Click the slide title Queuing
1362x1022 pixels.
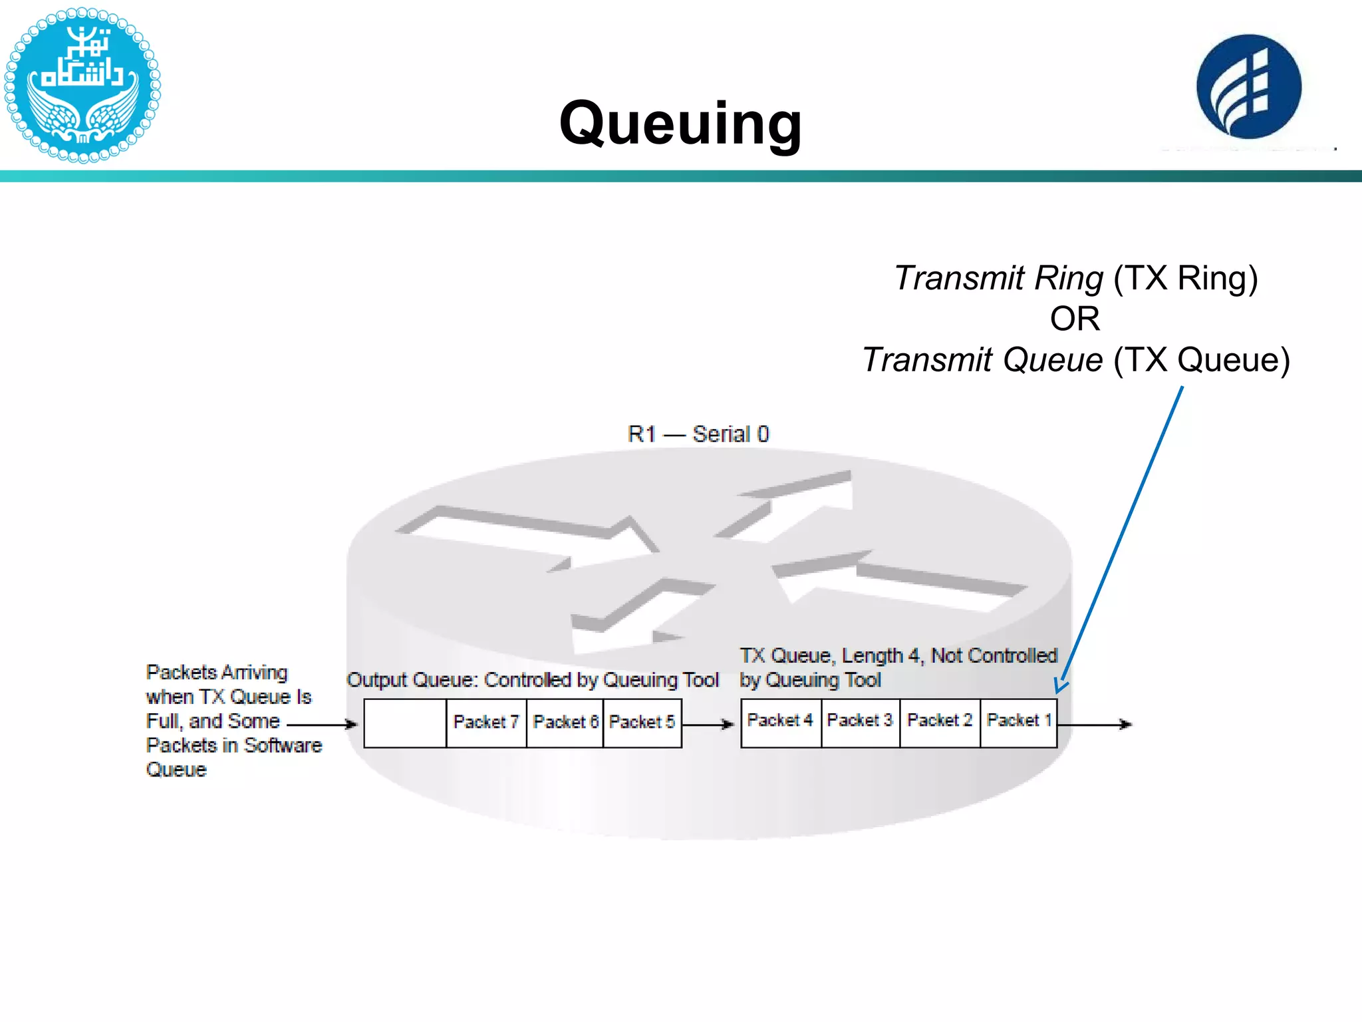[x=680, y=123]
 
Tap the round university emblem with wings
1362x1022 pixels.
[x=82, y=85]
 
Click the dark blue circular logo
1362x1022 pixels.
[x=1248, y=86]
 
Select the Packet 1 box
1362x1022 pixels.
[x=1018, y=723]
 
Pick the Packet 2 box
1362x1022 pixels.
[x=940, y=723]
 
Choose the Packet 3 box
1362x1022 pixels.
[x=860, y=723]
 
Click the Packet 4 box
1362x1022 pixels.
[x=781, y=723]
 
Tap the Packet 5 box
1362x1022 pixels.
[x=642, y=723]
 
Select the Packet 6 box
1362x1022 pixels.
[x=565, y=723]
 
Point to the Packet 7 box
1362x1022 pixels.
[x=486, y=723]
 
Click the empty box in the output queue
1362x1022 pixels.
[x=405, y=723]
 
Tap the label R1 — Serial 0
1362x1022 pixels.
[x=698, y=434]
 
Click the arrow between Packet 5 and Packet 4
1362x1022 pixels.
[x=709, y=724]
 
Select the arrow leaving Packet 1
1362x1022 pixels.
[x=1095, y=724]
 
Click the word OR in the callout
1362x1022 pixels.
[x=1075, y=319]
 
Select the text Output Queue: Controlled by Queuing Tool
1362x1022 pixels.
[x=533, y=680]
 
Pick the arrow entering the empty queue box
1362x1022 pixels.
[x=323, y=724]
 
